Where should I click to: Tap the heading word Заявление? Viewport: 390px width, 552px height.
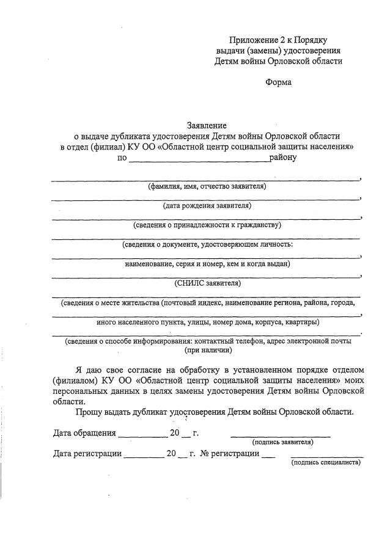click(207, 125)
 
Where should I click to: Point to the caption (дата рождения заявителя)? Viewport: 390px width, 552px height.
click(207, 205)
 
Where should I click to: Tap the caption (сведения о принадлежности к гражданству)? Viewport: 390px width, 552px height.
click(207, 225)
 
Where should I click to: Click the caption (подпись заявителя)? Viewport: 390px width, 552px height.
click(282, 441)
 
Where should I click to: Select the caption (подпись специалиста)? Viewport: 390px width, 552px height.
click(326, 462)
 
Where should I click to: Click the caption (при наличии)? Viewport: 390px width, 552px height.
click(207, 350)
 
